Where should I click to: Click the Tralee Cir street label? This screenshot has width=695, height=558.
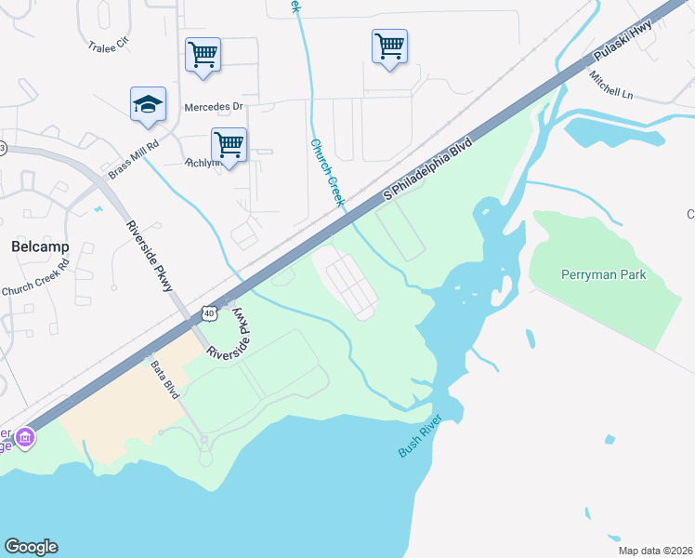point(108,46)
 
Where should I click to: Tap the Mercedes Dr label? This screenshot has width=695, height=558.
point(213,107)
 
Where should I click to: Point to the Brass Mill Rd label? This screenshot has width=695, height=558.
point(134,157)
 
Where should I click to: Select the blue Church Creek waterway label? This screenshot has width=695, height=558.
point(328,172)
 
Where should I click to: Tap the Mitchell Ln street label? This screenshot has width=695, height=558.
point(614,85)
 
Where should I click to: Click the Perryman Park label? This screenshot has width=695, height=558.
point(603,274)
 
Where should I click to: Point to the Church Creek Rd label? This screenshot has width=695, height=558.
point(35,277)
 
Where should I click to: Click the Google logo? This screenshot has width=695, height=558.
point(31,547)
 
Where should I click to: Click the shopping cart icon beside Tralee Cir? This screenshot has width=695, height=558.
point(203,54)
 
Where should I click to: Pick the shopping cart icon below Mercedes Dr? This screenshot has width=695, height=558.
point(229,145)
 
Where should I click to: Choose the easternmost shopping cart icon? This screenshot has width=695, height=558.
point(389,46)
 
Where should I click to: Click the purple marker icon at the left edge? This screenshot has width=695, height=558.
point(25,436)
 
